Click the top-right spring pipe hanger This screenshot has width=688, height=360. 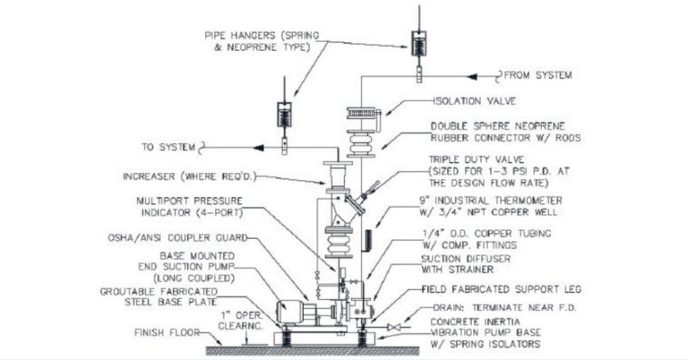pos(418,43)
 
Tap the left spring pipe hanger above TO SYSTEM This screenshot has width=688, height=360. pos(283,116)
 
